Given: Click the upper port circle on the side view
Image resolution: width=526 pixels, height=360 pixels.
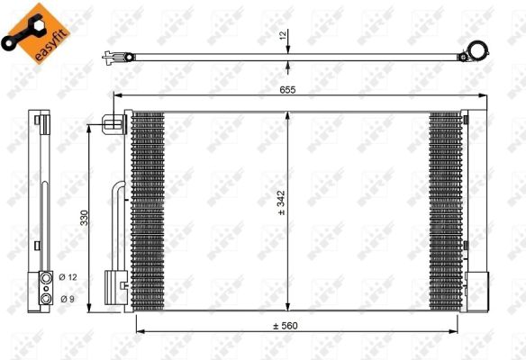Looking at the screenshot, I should tap(43, 278).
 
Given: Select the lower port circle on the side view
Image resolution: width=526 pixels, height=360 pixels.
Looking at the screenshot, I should tap(43, 297).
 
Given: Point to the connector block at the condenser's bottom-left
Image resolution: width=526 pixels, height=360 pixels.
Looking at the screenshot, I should tap(114, 288).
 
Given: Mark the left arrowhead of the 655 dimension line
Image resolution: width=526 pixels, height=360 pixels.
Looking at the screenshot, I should tap(113, 95).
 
